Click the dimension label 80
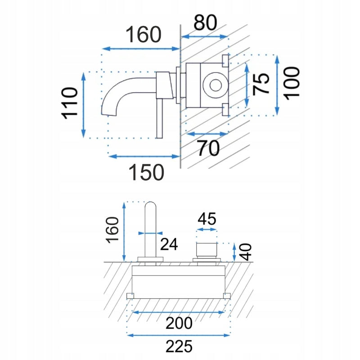[x=205, y=22]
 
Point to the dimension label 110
[x=70, y=103]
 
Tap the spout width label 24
[x=169, y=244]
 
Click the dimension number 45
[x=207, y=219]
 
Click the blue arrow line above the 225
[x=179, y=335]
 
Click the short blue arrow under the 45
[x=207, y=229]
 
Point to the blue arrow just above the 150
[x=144, y=156]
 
